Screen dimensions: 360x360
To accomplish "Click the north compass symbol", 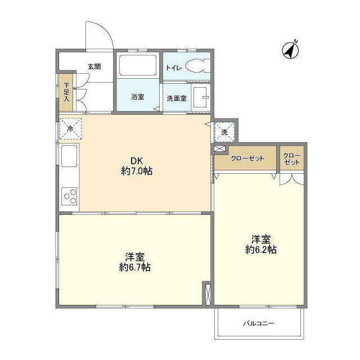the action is pos(290,50).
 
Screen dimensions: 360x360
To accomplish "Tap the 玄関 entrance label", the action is pos(94,67).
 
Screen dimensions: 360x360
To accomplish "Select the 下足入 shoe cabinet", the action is pos(66,92).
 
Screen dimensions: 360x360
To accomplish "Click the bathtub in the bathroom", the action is pos(138,65).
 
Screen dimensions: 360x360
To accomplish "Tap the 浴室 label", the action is pos(137,97).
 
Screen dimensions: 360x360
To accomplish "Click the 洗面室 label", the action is pos(177,98).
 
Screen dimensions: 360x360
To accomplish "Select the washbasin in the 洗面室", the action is pos(201,97).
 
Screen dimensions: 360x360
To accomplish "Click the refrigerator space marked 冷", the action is pos(70,129).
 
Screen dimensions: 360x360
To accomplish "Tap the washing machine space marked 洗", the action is pos(224,132).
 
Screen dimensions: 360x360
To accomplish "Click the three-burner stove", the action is pos(69,196).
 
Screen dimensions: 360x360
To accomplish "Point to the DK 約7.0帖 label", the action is pos(137,166).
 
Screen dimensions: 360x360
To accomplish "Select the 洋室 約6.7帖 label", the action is pos(135,263).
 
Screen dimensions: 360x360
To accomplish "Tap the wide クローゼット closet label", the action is pos(247,159).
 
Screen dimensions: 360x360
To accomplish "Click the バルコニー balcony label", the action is pos(259,323).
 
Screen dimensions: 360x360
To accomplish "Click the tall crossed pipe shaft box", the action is pos(208,295).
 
